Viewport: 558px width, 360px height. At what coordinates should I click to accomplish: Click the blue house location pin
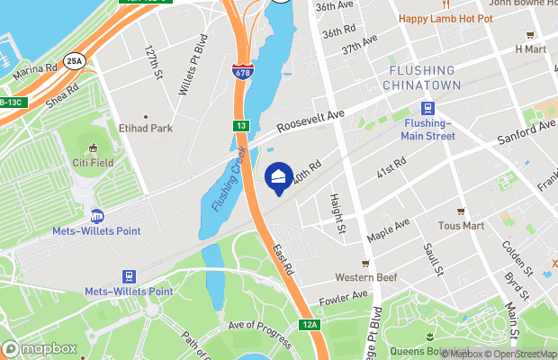[280, 177]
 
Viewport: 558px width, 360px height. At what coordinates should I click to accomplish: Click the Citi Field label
[94, 163]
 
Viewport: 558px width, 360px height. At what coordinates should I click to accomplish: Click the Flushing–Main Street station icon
[429, 109]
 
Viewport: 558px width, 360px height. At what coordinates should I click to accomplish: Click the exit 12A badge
[310, 324]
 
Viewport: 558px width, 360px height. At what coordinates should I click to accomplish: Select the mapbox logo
[40, 348]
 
